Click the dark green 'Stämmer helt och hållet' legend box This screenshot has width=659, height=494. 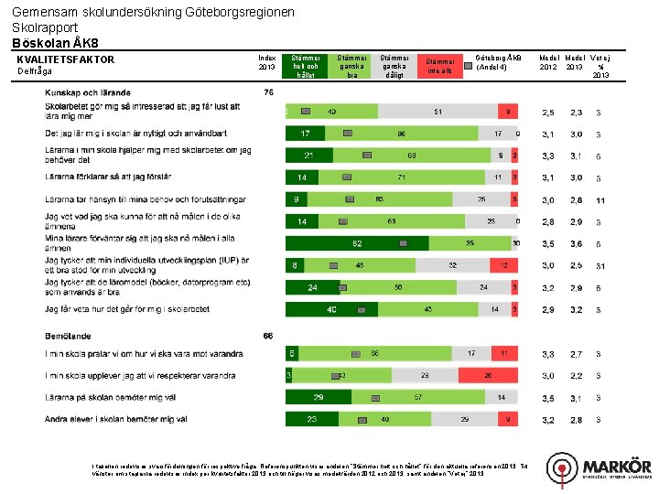point(305,65)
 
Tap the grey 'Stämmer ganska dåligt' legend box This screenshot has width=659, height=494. point(395,65)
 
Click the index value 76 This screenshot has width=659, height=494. point(268,92)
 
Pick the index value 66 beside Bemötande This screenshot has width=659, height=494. point(268,335)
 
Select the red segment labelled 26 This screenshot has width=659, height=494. point(490,375)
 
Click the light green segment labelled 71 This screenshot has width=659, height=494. point(402,177)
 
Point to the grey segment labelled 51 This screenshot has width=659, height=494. point(438,112)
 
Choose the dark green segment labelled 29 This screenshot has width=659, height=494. point(318,397)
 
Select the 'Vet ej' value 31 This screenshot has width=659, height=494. point(600,266)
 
